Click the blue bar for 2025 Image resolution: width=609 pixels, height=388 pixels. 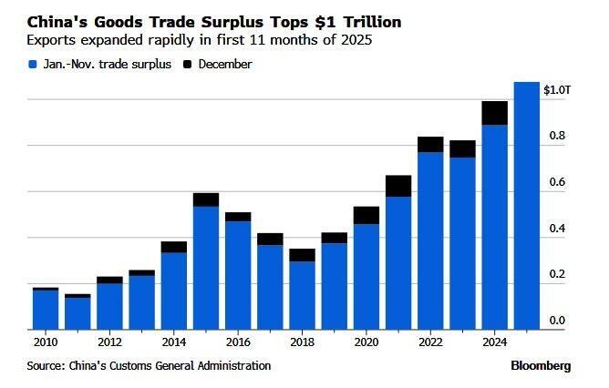pyautogui.click(x=527, y=205)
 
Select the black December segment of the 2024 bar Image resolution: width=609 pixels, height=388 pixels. pyautogui.click(x=495, y=113)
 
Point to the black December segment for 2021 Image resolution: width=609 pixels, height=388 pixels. pyautogui.click(x=398, y=186)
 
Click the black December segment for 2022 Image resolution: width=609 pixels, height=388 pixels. pyautogui.click(x=430, y=144)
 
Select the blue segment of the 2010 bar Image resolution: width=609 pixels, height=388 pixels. pyautogui.click(x=46, y=309)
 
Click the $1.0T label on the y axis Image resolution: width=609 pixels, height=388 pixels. pyautogui.click(x=557, y=90)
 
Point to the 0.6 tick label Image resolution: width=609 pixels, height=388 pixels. pyautogui.click(x=557, y=182)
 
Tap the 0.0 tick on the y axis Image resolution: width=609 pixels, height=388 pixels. pyautogui.click(x=557, y=321)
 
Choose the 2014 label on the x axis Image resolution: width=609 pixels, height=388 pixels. pyautogui.click(x=175, y=343)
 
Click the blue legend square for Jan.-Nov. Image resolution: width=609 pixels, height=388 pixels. pyautogui.click(x=34, y=65)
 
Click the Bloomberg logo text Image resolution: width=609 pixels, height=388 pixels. pyautogui.click(x=542, y=365)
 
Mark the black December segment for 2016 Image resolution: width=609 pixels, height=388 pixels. pyautogui.click(x=238, y=217)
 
